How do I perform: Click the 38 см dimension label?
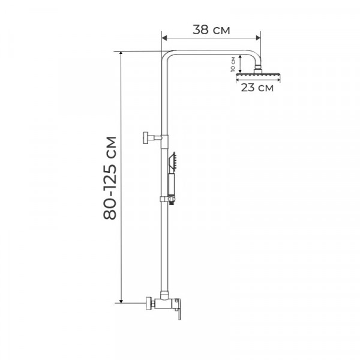pyautogui.click(x=211, y=29)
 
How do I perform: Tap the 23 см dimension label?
pyautogui.click(x=257, y=88)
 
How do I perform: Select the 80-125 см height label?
pyautogui.click(x=110, y=178)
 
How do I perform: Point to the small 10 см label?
pyautogui.click(x=233, y=64)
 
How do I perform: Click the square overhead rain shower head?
pyautogui.click(x=258, y=75)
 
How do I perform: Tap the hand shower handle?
pyautogui.click(x=172, y=184)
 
